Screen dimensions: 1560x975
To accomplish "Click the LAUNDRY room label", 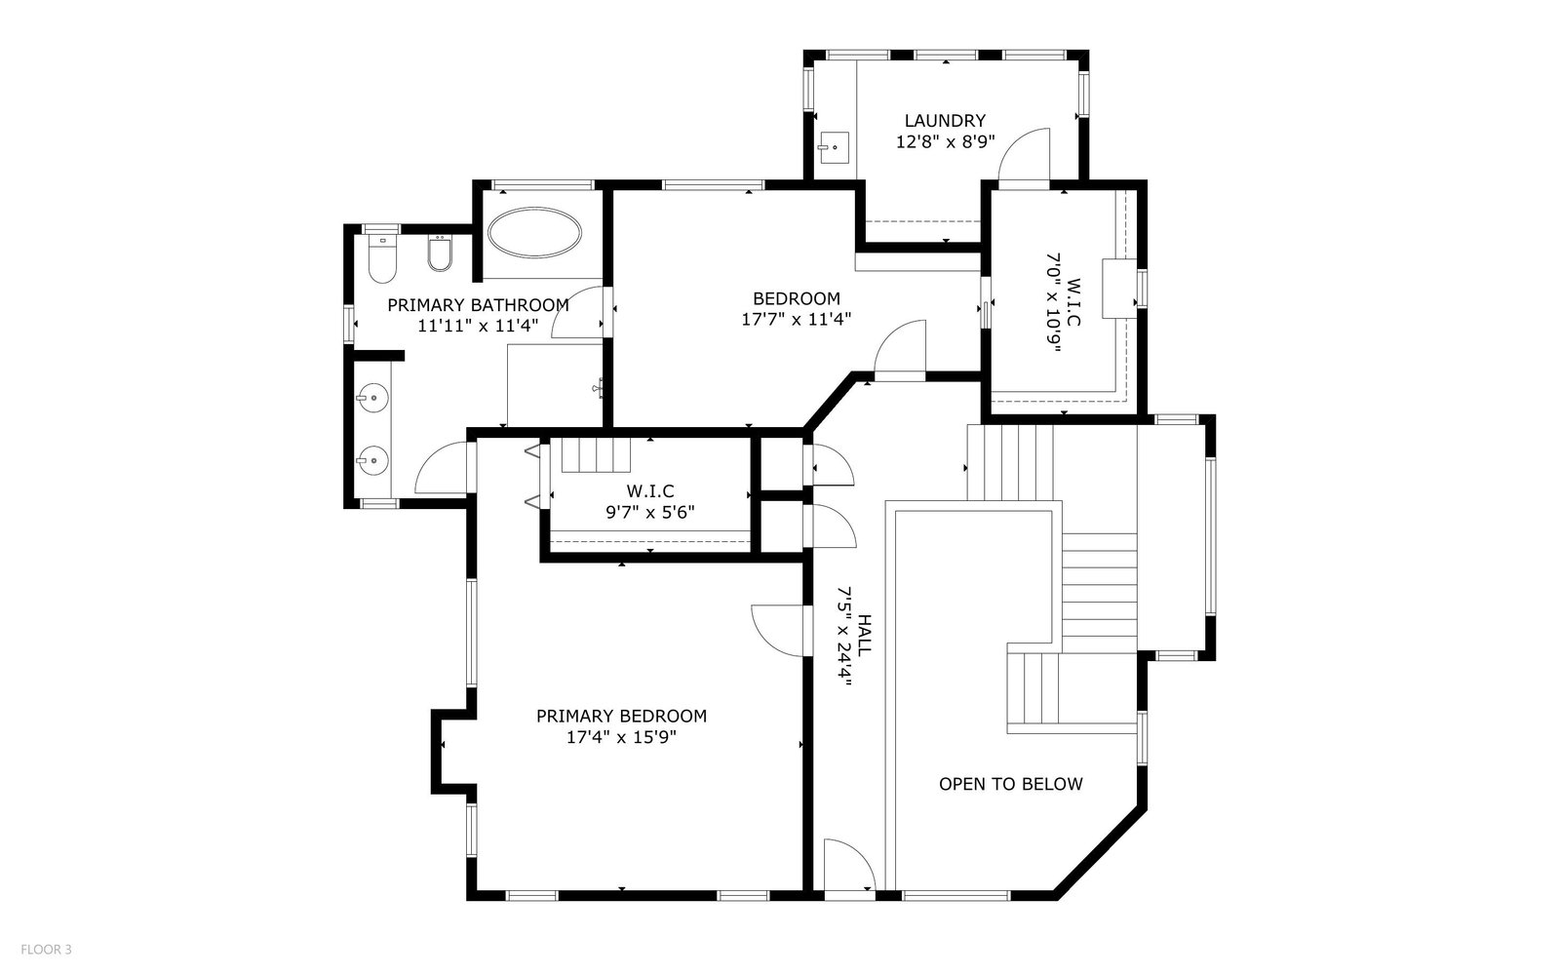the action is click(945, 121).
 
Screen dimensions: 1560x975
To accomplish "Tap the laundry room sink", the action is click(833, 147).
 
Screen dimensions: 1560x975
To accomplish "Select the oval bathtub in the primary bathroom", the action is click(534, 233).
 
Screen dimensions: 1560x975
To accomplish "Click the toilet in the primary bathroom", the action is click(382, 258).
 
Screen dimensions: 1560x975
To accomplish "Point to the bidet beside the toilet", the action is click(440, 253).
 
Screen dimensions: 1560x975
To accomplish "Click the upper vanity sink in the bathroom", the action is click(371, 398).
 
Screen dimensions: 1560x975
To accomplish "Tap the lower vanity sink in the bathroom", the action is click(371, 460).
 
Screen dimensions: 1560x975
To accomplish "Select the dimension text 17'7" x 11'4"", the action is click(796, 320).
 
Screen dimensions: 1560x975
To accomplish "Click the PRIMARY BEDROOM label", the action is click(621, 716).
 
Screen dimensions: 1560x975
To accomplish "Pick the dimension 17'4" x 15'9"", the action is click(621, 737).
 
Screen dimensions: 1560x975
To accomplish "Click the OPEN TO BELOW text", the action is click(1010, 784).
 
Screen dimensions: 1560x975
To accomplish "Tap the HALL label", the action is click(864, 635).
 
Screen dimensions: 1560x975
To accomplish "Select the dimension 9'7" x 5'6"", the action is click(649, 513).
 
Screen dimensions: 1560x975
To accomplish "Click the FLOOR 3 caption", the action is click(46, 950).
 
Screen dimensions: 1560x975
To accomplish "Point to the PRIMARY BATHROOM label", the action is click(478, 305).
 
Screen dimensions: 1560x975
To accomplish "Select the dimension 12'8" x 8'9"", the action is click(945, 142).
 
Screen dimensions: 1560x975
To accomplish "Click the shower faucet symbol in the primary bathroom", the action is click(598, 387).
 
